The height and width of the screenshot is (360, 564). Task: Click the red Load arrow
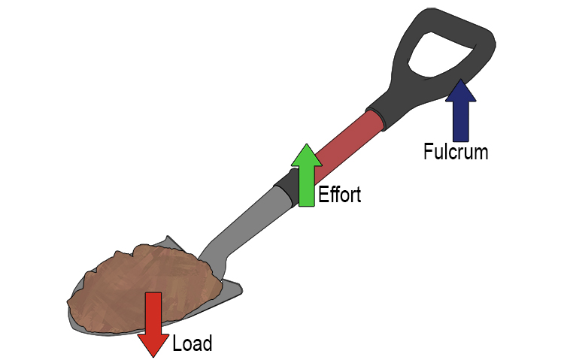pos(153,319)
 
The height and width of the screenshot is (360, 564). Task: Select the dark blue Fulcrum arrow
pos(460,113)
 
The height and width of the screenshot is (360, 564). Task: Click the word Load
pos(193,344)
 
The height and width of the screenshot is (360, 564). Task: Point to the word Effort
pos(339,195)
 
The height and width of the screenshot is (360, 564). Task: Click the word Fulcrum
pos(455,152)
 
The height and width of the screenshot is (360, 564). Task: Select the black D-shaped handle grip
pos(451,30)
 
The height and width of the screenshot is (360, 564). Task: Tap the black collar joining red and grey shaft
pos(286,185)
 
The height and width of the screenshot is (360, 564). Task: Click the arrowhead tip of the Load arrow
pos(153,354)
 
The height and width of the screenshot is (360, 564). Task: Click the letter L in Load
pos(177,344)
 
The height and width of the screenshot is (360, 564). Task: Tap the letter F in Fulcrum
pos(427,152)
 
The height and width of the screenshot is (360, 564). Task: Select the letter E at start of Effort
pos(323,195)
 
